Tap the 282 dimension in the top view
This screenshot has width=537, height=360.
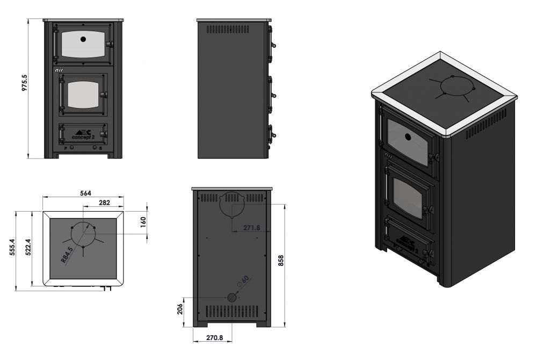pos(105,203)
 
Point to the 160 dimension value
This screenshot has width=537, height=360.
pos(143,222)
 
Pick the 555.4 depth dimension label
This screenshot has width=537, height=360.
pos(13,250)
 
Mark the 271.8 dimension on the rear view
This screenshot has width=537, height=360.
pos(251,228)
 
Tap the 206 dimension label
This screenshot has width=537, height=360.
pos(181,309)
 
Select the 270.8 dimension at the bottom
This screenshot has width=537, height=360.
pos(213,338)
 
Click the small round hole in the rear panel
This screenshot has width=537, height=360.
pos(232,297)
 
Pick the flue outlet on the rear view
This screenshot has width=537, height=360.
pos(232,204)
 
